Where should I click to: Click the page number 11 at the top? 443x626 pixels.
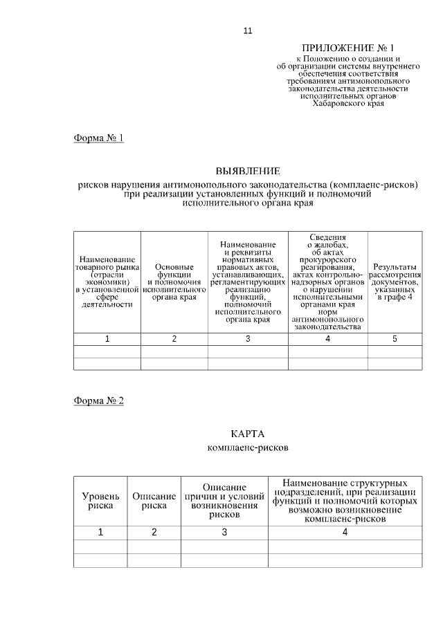click(x=248, y=31)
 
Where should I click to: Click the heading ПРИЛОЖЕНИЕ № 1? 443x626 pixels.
click(x=347, y=48)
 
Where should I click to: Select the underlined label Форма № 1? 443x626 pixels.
click(x=98, y=138)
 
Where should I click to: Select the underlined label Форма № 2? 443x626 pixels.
click(x=98, y=401)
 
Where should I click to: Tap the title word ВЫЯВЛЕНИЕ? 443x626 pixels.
click(x=248, y=170)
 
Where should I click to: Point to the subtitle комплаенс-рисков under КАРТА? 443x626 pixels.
click(x=248, y=448)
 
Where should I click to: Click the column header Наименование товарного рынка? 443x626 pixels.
click(x=107, y=281)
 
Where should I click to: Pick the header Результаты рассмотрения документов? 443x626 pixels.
click(x=395, y=281)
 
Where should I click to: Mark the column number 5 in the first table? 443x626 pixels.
click(x=395, y=339)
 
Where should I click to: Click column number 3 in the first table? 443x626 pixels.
click(x=248, y=339)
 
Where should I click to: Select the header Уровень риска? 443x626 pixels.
click(x=100, y=501)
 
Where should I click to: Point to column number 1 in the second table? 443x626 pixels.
click(x=100, y=532)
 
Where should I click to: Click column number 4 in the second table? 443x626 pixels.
click(x=345, y=532)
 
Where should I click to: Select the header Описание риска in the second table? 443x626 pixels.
click(x=154, y=501)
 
